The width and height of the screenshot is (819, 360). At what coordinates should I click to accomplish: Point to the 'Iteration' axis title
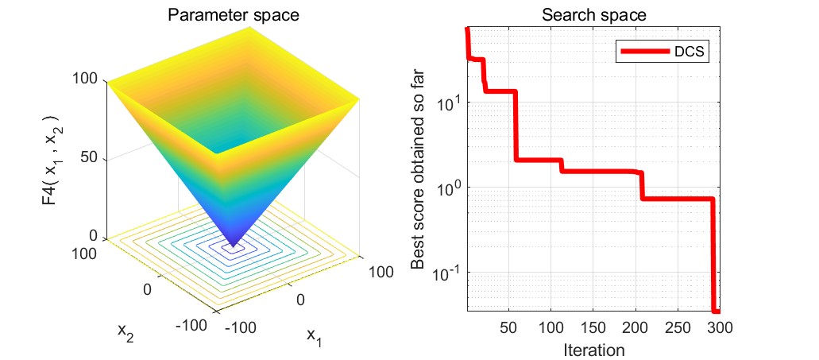(593, 349)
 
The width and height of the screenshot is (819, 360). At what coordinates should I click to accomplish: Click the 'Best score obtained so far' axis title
(419, 184)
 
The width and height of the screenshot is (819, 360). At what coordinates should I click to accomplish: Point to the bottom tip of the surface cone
(234, 247)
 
